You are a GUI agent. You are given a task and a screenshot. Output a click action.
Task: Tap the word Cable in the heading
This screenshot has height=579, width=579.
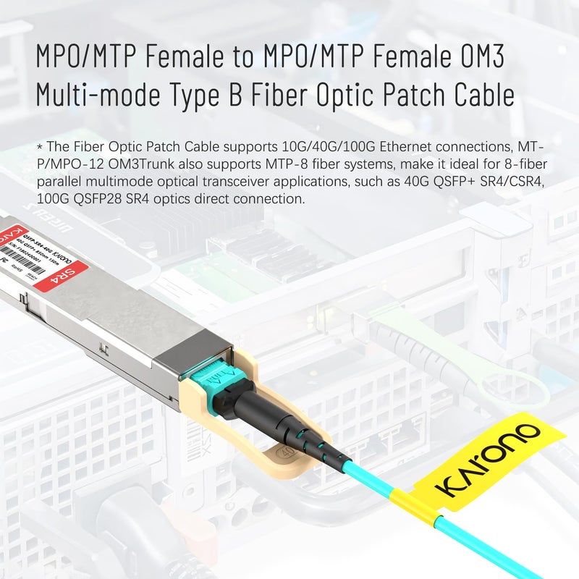pyautogui.click(x=480, y=96)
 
